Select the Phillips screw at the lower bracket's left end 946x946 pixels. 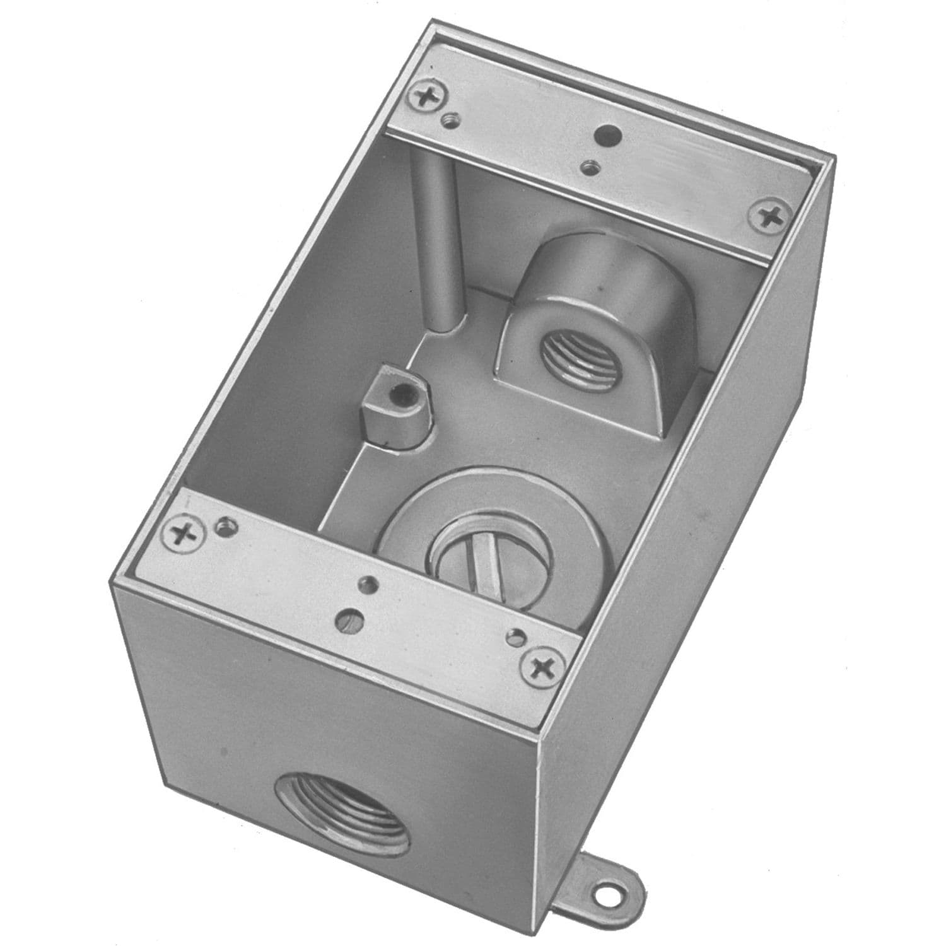click(x=184, y=536)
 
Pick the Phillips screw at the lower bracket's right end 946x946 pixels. click(x=541, y=665)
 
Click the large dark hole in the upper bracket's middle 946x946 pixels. click(x=609, y=134)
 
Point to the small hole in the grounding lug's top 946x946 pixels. click(x=398, y=396)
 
